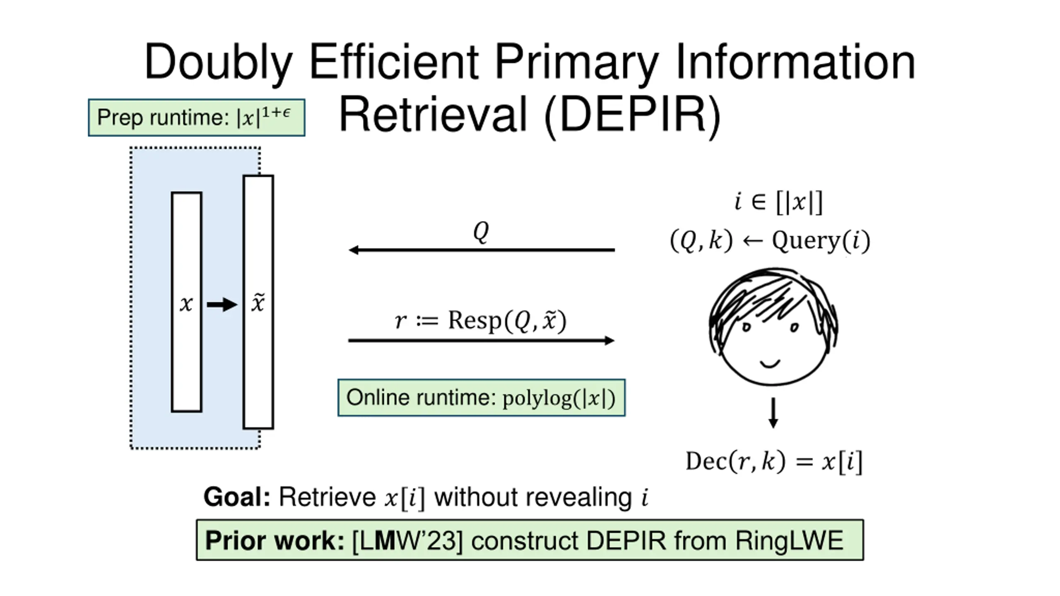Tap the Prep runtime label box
point(196,118)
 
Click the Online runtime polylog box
point(481,398)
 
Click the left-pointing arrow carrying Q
point(481,250)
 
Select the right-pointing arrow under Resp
point(481,341)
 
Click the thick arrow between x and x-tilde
point(222,305)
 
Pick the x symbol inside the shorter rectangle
point(186,304)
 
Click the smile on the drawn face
point(770,364)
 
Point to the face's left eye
point(746,327)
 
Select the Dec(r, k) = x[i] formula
point(773,461)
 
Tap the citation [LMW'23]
point(407,541)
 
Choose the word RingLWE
point(789,541)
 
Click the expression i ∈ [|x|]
point(778,202)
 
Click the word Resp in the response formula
point(475,321)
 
